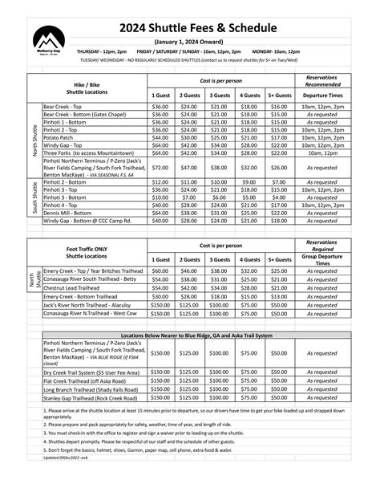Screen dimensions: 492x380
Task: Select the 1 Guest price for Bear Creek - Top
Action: (x=160, y=106)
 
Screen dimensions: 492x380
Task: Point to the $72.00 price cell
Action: (x=160, y=168)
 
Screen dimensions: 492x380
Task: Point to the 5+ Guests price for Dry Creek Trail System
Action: (x=278, y=372)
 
